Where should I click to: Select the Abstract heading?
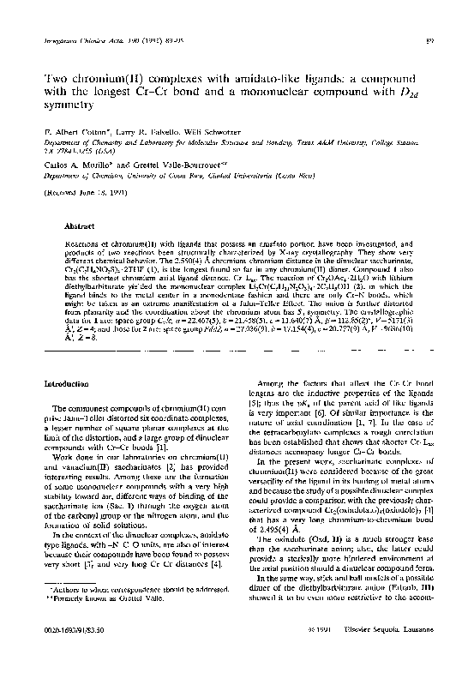click(79, 227)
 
